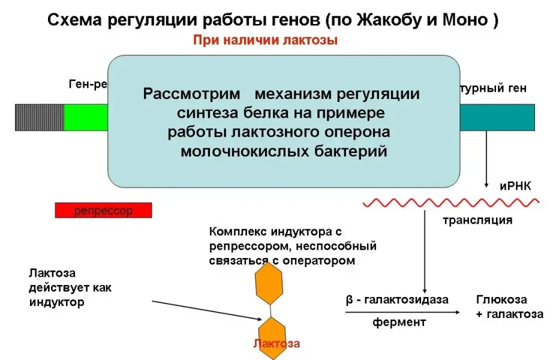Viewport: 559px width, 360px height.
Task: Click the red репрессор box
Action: pyautogui.click(x=103, y=210)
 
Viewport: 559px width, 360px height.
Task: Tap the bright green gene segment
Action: pyautogui.click(x=85, y=117)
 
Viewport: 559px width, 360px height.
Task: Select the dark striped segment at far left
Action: pyautogui.click(x=39, y=117)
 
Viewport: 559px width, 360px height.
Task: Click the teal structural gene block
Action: pyautogui.click(x=497, y=117)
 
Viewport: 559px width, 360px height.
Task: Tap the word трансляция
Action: pyautogui.click(x=477, y=220)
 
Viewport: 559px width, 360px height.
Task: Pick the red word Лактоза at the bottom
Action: pyautogui.click(x=276, y=344)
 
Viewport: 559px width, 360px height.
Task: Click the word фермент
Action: pyautogui.click(x=399, y=322)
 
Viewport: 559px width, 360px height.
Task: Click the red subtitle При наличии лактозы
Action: pyautogui.click(x=266, y=41)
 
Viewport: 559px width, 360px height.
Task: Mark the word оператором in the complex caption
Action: pyautogui.click(x=321, y=260)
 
